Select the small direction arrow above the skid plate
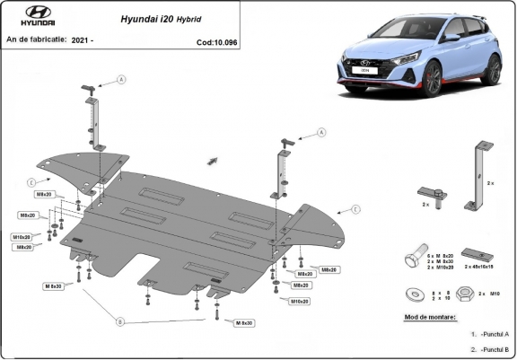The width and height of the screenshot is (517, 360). [213, 160]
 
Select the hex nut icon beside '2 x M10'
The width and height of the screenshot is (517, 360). [467, 293]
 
